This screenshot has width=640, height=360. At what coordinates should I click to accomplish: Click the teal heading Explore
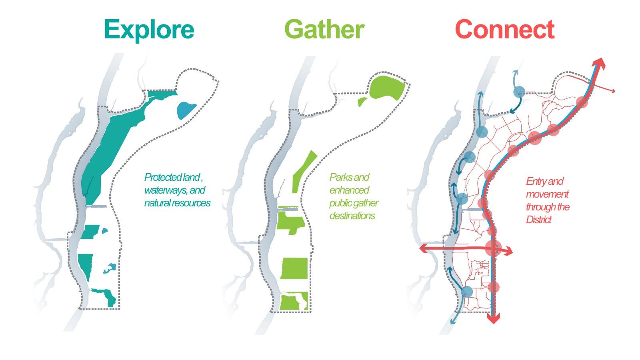[149, 29]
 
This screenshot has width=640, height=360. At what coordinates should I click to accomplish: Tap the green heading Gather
[324, 29]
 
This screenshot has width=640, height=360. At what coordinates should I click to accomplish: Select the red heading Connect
[505, 29]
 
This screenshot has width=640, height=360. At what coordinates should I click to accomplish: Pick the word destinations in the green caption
[352, 216]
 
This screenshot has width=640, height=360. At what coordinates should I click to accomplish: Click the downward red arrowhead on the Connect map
[495, 318]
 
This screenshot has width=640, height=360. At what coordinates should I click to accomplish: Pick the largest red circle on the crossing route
[493, 248]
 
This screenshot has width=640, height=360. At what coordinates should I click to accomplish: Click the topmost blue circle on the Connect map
[519, 92]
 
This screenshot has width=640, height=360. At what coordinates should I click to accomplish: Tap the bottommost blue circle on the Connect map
[466, 291]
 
